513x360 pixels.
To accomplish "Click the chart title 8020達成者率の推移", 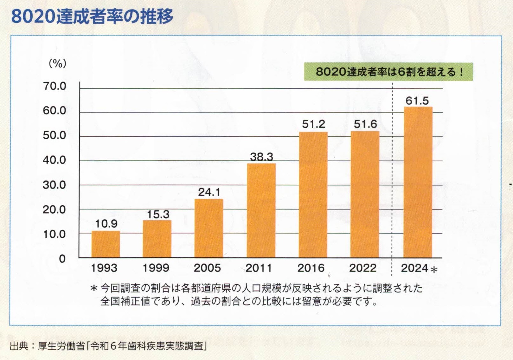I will pyautogui.click(x=92, y=16).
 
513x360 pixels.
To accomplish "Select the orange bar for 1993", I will pyautogui.click(x=106, y=244).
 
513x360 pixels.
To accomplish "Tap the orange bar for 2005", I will pyautogui.click(x=208, y=228).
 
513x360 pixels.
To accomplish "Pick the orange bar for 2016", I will pyautogui.click(x=313, y=195).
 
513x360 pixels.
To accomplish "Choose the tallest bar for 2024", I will pyautogui.click(x=418, y=182).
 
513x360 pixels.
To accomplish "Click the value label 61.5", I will pyautogui.click(x=417, y=101).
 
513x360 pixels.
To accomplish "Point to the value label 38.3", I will pyautogui.click(x=261, y=157).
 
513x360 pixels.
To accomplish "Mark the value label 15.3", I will pyautogui.click(x=158, y=215).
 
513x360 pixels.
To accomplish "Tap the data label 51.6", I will pyautogui.click(x=365, y=124).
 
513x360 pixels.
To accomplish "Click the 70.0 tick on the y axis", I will pyautogui.click(x=55, y=86).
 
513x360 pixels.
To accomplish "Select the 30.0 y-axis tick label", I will pyautogui.click(x=55, y=185).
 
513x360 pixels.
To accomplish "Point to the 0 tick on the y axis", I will pyautogui.click(x=62, y=259).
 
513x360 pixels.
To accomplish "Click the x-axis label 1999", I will pyautogui.click(x=156, y=268).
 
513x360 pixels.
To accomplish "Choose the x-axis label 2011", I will pyautogui.click(x=259, y=268).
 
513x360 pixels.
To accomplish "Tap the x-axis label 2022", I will pyautogui.click(x=363, y=268).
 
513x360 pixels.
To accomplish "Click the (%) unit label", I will pyautogui.click(x=57, y=64).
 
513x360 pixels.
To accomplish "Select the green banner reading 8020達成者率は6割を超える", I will pyautogui.click(x=388, y=72).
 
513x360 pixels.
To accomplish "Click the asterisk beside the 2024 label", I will pyautogui.click(x=434, y=270).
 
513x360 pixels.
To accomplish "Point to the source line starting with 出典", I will pyautogui.click(x=108, y=346).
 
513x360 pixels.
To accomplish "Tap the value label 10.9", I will pyautogui.click(x=106, y=224).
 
